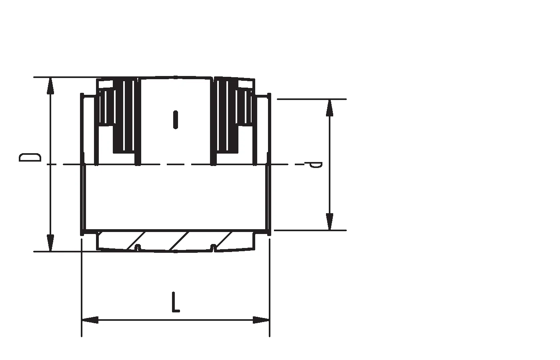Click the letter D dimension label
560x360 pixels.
pyautogui.click(x=30, y=157)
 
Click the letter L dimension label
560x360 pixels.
pyautogui.click(x=176, y=302)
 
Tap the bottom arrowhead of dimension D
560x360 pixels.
pyautogui.click(x=50, y=243)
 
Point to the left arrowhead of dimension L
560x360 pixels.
pyautogui.click(x=90, y=320)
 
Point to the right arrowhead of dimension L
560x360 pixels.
pyautogui.click(x=261, y=320)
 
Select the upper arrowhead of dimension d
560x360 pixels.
pyautogui.click(x=330, y=108)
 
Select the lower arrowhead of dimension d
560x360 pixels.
pyautogui.click(x=330, y=222)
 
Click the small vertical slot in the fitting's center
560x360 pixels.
pyautogui.click(x=176, y=120)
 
